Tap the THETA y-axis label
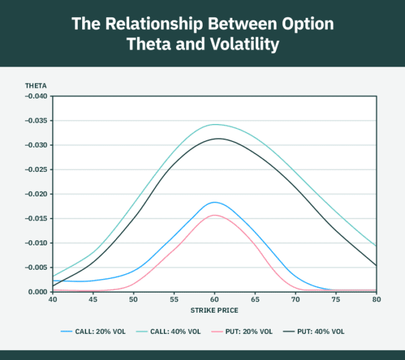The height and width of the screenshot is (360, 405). (x=35, y=85)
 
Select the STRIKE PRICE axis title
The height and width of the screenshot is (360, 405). (x=215, y=310)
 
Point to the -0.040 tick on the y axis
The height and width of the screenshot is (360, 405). (x=36, y=96)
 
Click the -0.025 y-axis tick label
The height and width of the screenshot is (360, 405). (x=36, y=169)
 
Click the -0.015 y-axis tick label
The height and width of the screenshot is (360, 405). (x=36, y=219)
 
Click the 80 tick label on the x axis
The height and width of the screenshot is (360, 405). (x=376, y=300)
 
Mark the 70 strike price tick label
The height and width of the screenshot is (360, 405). (x=295, y=300)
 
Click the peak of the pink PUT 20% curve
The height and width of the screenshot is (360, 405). (x=215, y=215)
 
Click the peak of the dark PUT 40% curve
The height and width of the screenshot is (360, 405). (x=219, y=138)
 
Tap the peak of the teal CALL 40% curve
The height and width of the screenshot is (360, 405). (x=215, y=124)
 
